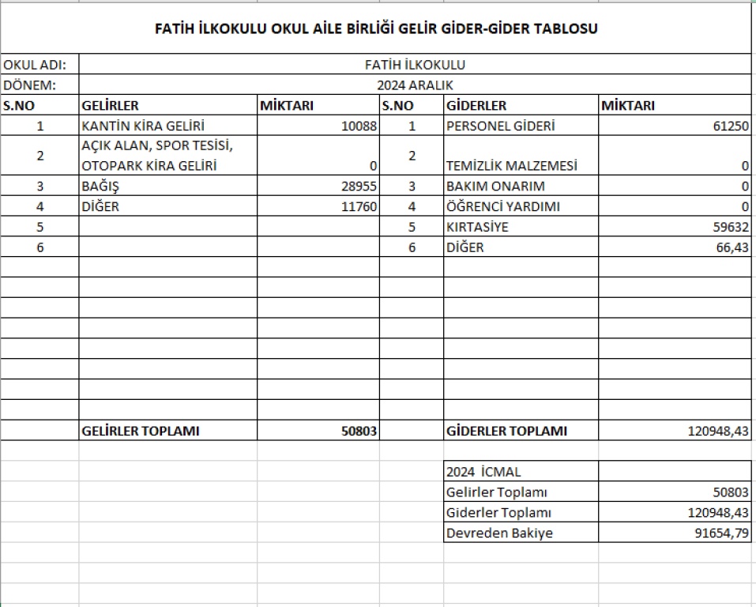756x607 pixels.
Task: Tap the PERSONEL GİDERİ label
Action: (x=500, y=126)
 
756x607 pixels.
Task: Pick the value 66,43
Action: (x=732, y=247)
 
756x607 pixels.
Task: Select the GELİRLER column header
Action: (x=111, y=106)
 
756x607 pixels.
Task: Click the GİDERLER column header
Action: (x=476, y=106)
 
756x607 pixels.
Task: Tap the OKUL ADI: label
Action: (x=35, y=65)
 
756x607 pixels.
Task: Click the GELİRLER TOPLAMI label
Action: (x=141, y=431)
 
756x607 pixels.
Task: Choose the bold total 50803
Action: (x=358, y=431)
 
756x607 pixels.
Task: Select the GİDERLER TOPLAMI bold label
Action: (x=506, y=431)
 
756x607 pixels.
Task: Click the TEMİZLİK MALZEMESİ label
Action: (x=511, y=167)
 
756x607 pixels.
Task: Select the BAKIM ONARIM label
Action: (x=495, y=187)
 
